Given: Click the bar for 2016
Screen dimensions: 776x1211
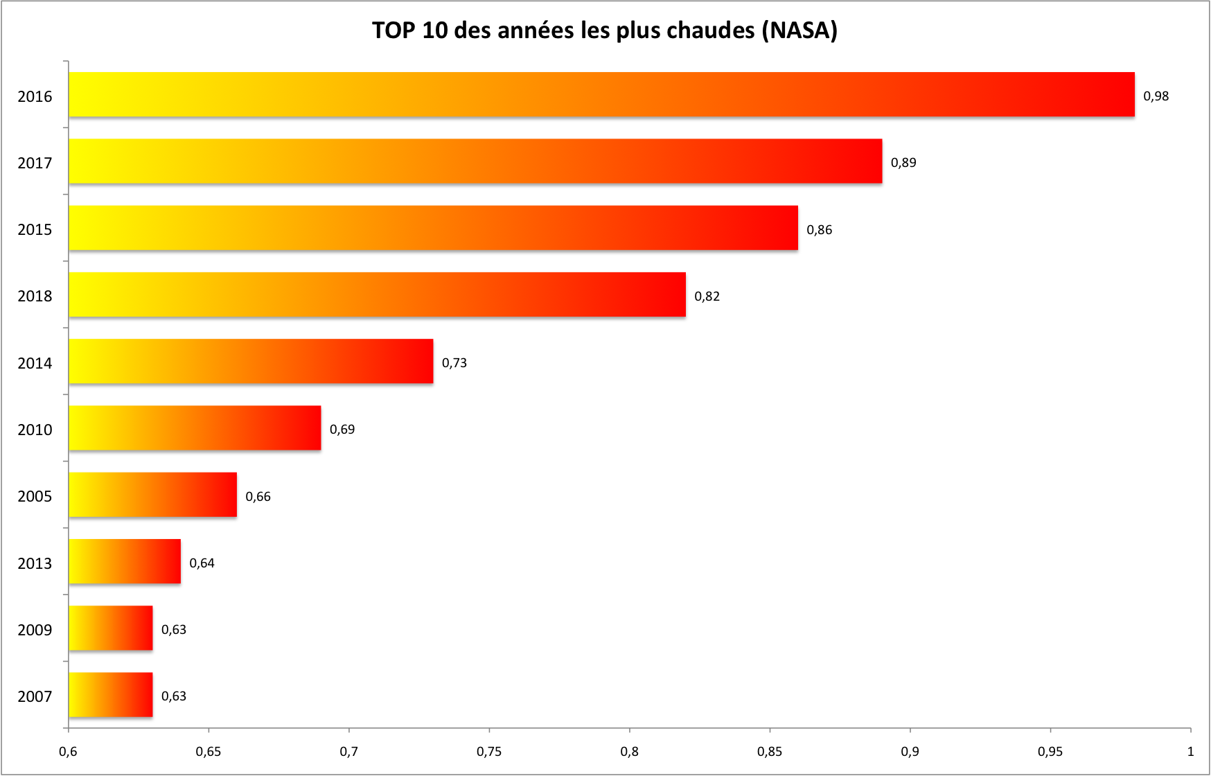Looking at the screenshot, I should click(601, 94).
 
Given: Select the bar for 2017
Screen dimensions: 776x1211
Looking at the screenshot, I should click(475, 161).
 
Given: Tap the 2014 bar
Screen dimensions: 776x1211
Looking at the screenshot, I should click(251, 362).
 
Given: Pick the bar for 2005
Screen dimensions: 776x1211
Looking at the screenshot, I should click(152, 495).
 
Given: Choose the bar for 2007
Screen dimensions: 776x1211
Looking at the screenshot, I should click(111, 695).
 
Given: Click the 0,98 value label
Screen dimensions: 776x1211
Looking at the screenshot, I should click(1156, 96).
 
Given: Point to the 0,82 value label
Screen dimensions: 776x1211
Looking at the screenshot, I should click(707, 297).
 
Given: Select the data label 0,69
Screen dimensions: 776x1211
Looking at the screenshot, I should click(342, 430).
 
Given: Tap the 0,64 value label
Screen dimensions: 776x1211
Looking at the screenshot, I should click(202, 563).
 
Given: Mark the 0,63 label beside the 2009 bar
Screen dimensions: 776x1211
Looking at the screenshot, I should click(174, 630).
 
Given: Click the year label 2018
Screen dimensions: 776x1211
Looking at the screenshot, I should click(35, 297).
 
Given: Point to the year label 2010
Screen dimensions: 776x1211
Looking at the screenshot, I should click(35, 430).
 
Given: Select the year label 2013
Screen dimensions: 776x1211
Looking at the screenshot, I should click(35, 563).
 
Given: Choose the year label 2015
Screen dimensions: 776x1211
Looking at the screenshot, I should click(35, 229).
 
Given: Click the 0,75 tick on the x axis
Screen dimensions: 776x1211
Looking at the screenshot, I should click(489, 752).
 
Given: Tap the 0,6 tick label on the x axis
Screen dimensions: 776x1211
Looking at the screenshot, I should click(68, 752).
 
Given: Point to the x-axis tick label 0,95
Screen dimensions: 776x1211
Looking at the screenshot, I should click(1050, 752).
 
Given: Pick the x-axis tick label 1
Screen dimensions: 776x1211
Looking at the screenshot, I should click(1190, 752).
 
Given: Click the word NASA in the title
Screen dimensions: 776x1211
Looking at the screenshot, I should click(799, 30).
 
